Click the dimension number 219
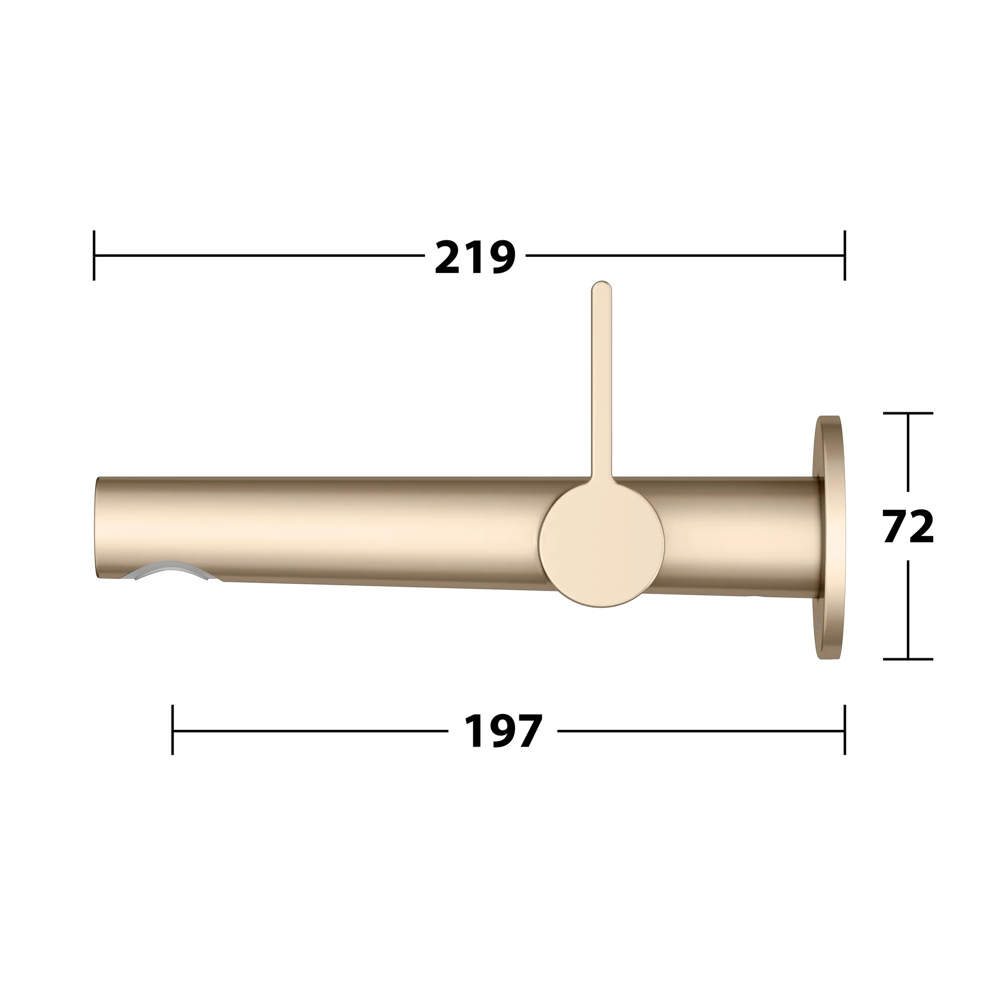(475, 256)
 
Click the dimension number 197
(503, 731)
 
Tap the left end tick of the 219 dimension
(94, 256)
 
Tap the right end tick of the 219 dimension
(844, 256)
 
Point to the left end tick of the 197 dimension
(173, 730)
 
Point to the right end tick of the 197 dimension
(844, 730)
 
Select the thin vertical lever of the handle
(601, 382)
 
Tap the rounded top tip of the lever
(601, 286)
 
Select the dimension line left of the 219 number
(258, 256)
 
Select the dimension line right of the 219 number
(682, 256)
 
